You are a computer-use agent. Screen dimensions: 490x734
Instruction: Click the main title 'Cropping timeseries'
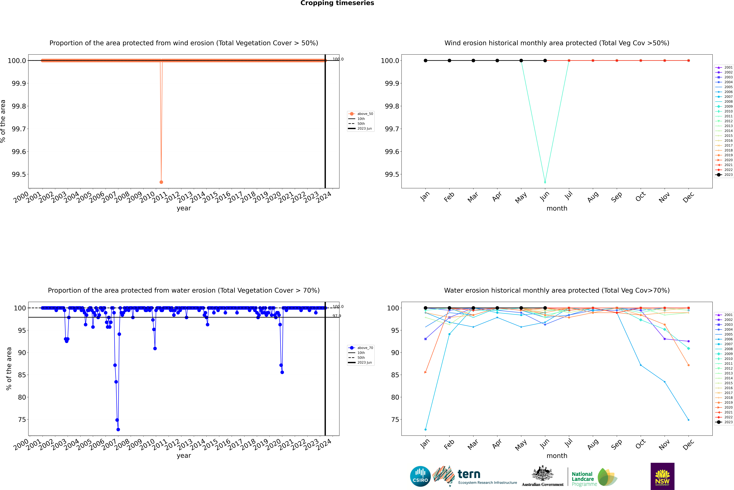(x=337, y=3)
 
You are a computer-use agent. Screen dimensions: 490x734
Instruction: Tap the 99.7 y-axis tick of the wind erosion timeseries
(x=19, y=129)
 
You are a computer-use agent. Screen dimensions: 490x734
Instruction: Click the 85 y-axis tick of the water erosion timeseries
(x=22, y=375)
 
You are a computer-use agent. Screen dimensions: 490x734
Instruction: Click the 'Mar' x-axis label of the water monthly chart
(x=473, y=444)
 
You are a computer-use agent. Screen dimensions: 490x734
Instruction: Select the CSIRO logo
(x=420, y=476)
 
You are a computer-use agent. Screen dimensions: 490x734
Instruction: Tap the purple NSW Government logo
(x=662, y=476)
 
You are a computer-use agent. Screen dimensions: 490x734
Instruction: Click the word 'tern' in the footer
(x=469, y=474)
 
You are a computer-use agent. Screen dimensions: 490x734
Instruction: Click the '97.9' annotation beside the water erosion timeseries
(x=337, y=316)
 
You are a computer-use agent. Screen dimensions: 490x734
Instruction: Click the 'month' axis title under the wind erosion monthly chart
(x=557, y=208)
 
